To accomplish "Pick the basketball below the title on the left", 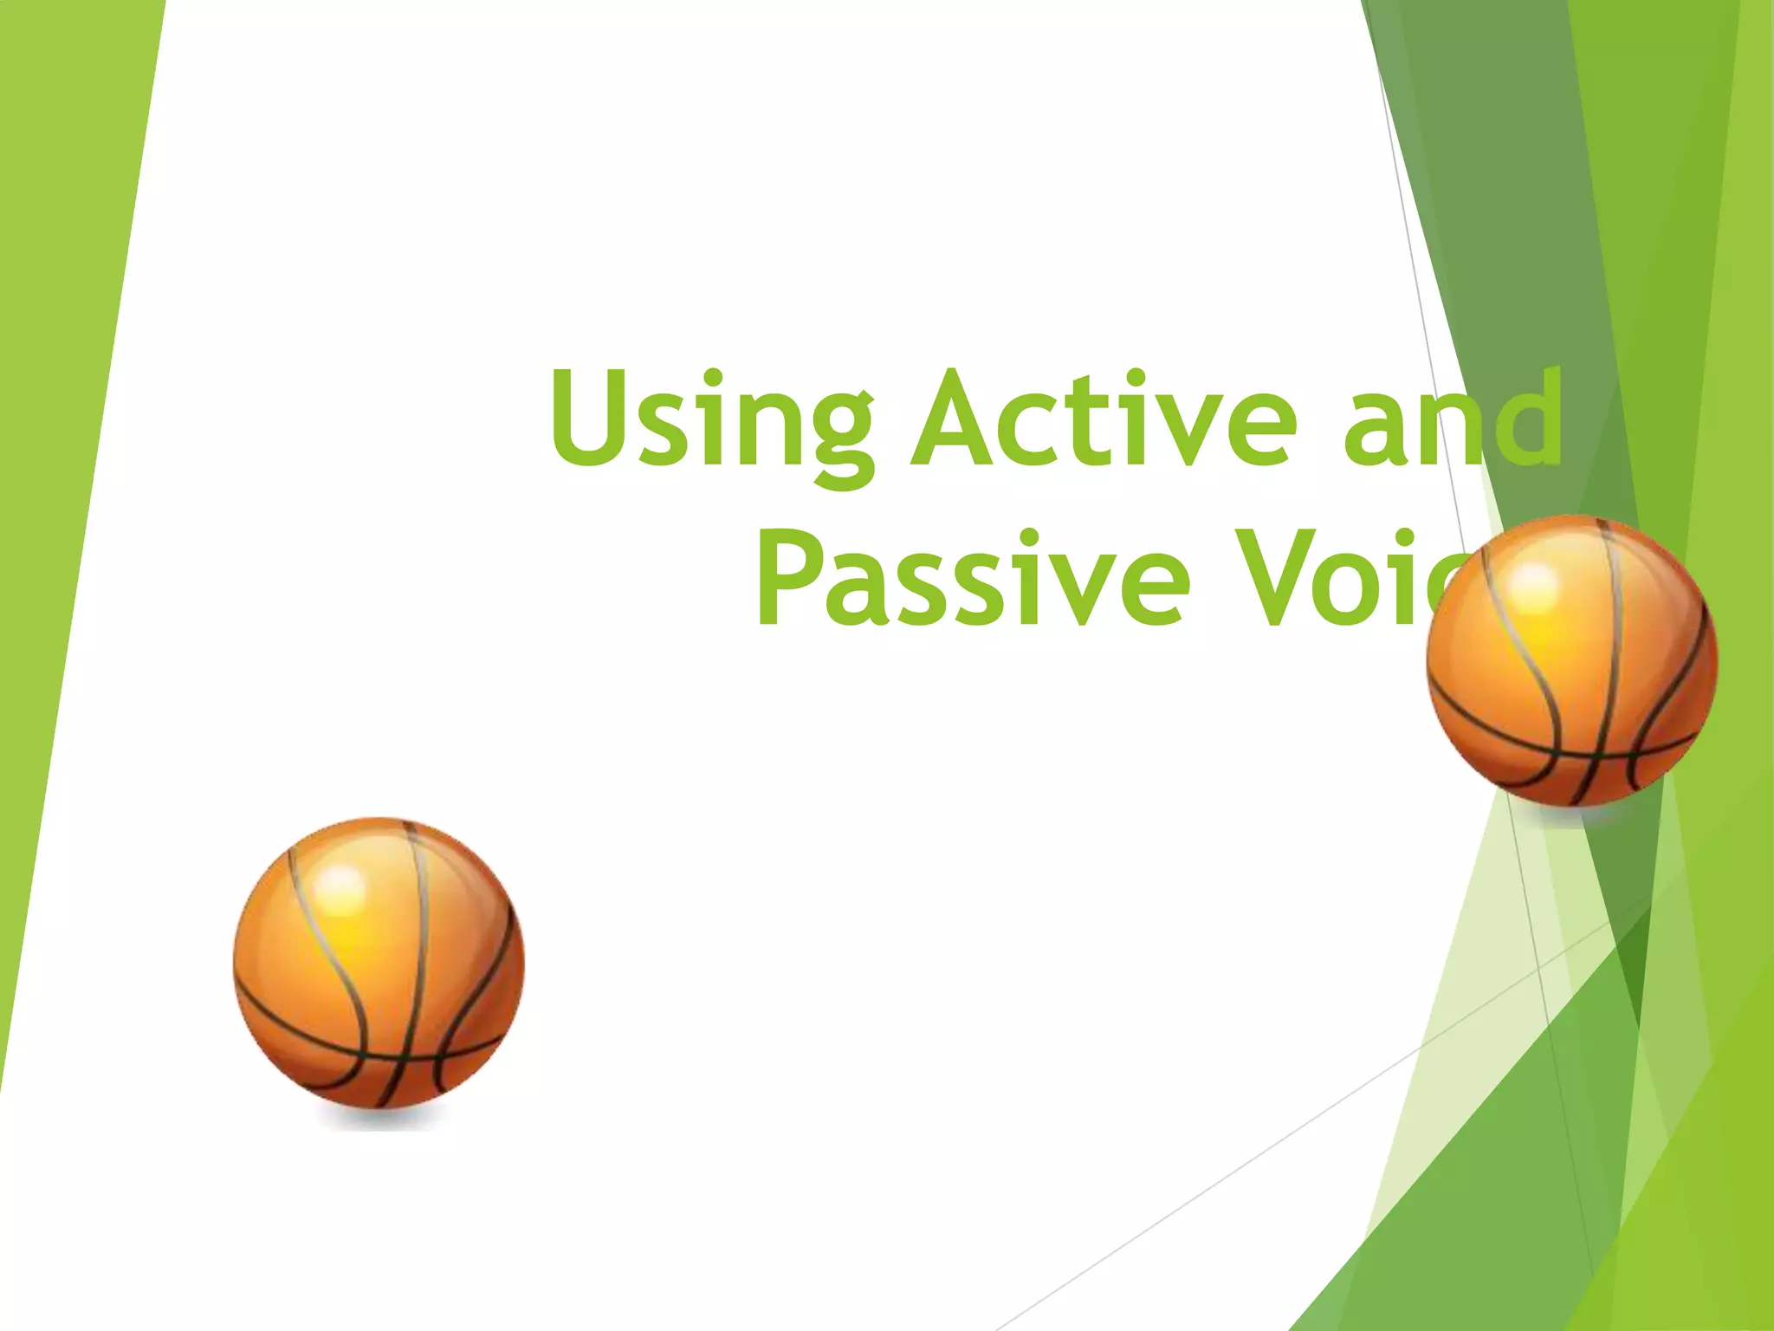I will (379, 962).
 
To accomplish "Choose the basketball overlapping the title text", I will (1572, 660).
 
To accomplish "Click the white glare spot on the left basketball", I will (340, 884).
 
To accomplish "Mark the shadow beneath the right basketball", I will (1572, 815).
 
